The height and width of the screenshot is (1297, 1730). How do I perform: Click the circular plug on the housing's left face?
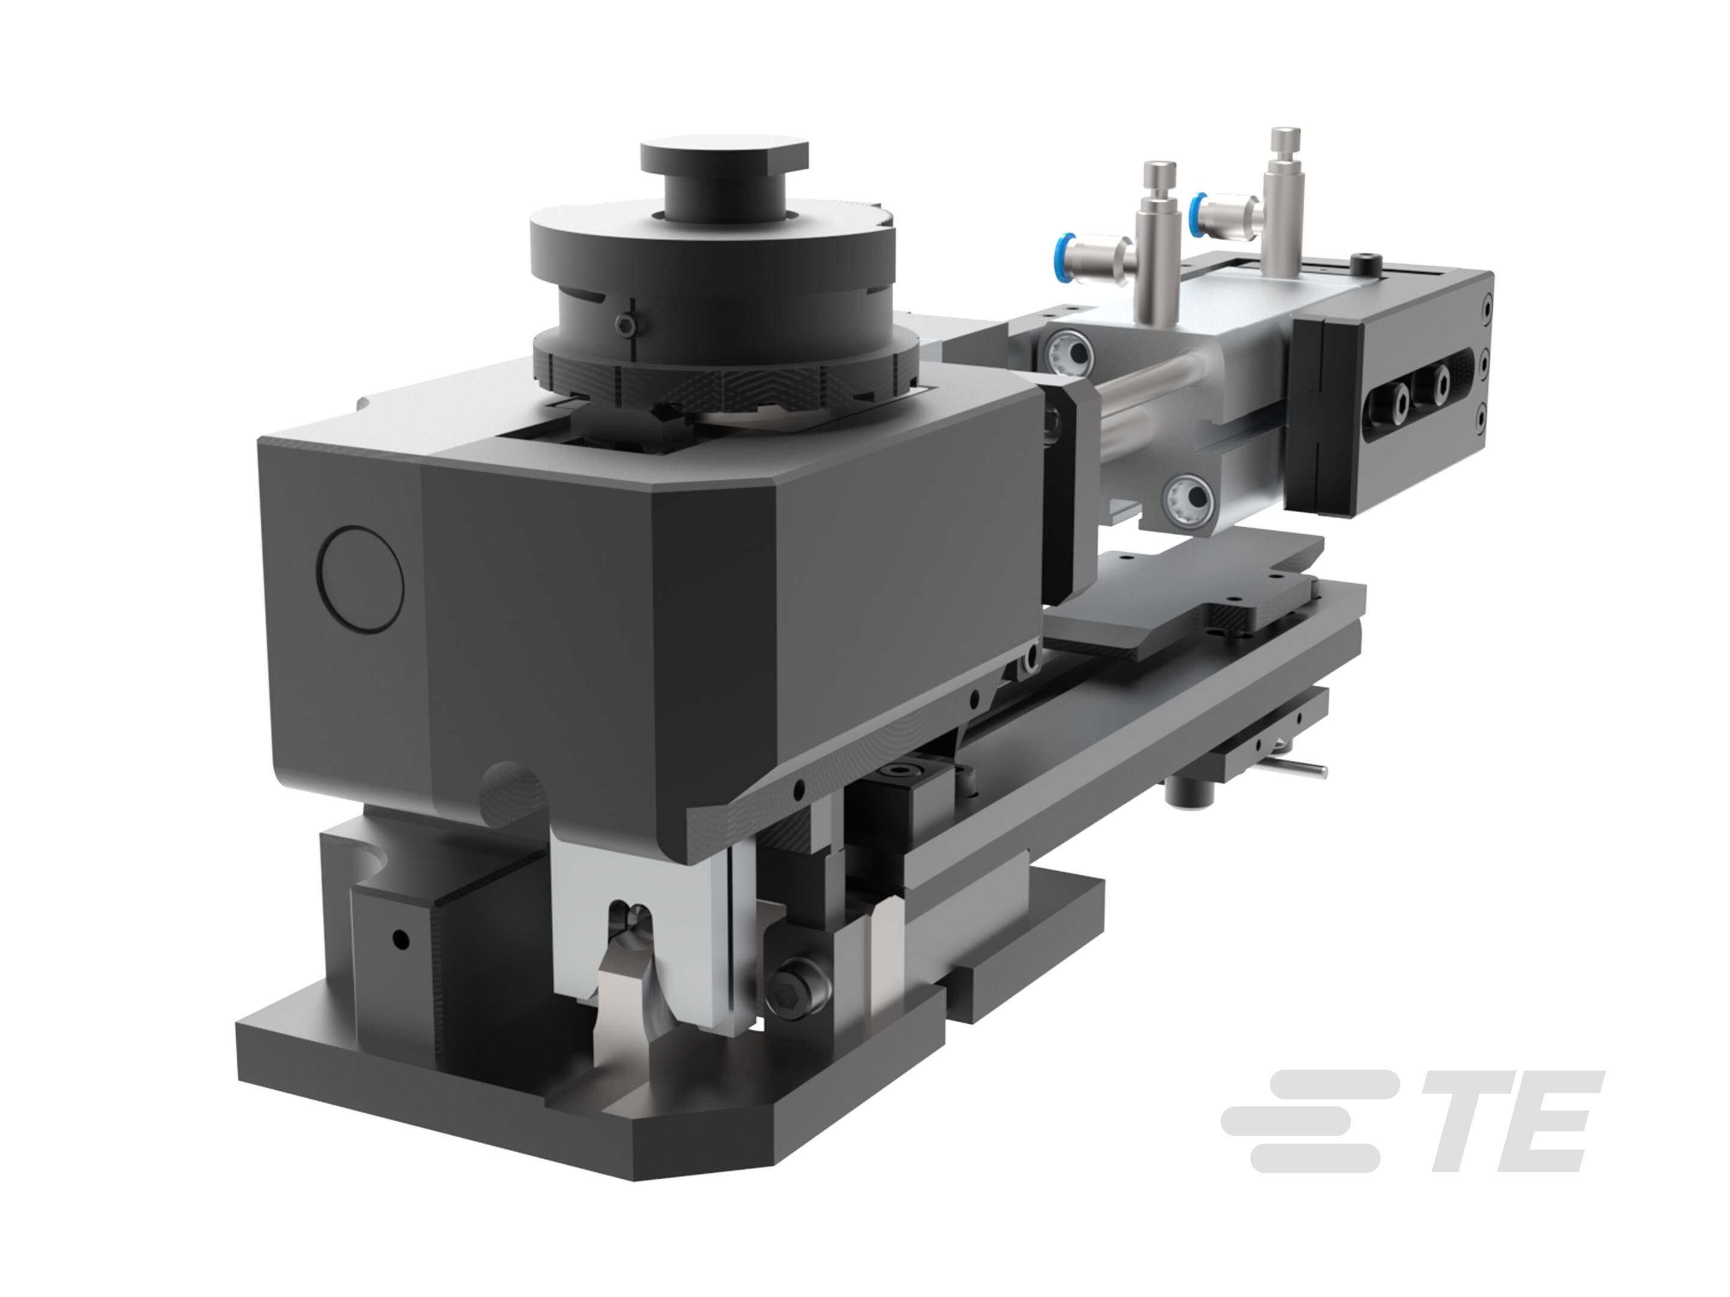pyautogui.click(x=362, y=578)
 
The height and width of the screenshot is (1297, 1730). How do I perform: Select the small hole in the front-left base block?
pyautogui.click(x=401, y=937)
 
